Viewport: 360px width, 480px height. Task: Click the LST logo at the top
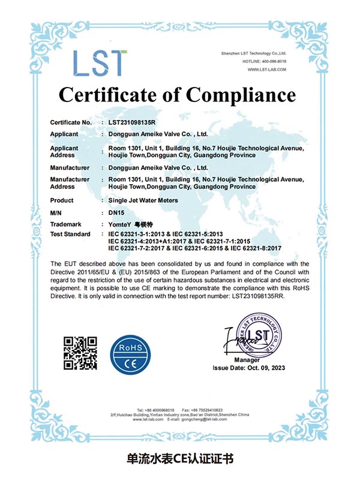click(x=100, y=63)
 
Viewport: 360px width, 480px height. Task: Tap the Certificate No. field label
click(x=70, y=122)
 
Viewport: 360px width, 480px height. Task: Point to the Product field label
click(x=62, y=200)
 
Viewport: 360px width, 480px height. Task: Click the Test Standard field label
click(x=70, y=233)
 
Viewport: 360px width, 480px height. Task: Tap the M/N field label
click(x=57, y=212)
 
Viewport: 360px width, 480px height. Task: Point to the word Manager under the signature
click(x=247, y=359)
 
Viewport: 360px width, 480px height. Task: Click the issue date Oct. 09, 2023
click(x=267, y=367)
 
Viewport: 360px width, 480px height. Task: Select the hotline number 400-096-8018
click(x=272, y=62)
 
